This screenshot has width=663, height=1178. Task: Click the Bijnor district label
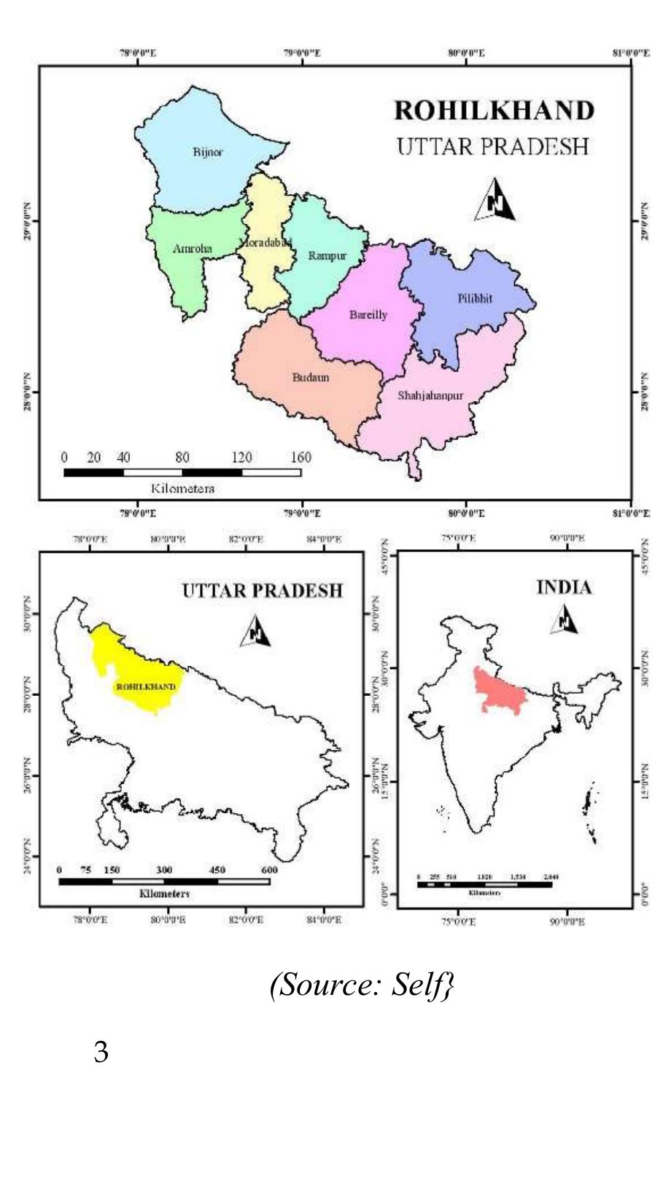(208, 152)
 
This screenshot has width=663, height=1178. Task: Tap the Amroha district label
(193, 249)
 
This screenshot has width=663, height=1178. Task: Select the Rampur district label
(327, 255)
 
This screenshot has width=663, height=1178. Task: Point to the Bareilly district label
(368, 315)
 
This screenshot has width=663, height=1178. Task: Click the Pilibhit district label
(475, 299)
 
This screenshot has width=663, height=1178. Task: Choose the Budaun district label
(311, 377)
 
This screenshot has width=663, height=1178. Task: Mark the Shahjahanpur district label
(430, 396)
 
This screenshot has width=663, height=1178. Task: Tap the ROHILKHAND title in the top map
(494, 111)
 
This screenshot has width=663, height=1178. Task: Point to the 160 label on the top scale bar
(301, 457)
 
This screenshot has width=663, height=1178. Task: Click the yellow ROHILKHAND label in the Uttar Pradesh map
(146, 687)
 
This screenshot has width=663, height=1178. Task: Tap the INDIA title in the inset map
(564, 587)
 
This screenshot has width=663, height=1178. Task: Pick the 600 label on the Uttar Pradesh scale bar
(269, 869)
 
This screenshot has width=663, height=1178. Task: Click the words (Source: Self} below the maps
(362, 985)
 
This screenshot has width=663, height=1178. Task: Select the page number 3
(101, 1053)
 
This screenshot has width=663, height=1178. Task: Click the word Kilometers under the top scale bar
(182, 488)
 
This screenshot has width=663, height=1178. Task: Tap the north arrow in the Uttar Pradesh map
(256, 631)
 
